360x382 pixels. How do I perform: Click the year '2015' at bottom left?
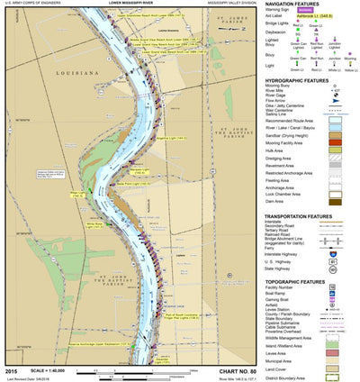[x=10, y=371]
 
